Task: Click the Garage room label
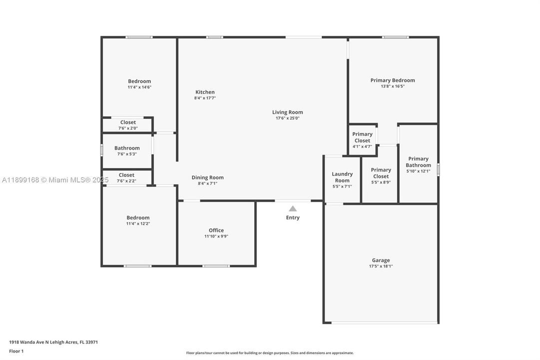pyautogui.click(x=381, y=260)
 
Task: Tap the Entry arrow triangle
pyautogui.click(x=293, y=208)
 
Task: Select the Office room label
pyautogui.click(x=216, y=230)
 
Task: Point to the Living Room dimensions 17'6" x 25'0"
pyautogui.click(x=287, y=118)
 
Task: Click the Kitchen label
pyautogui.click(x=205, y=92)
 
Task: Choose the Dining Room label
pyautogui.click(x=207, y=177)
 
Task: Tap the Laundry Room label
pyautogui.click(x=342, y=177)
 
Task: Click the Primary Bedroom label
pyautogui.click(x=393, y=80)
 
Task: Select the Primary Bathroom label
pyautogui.click(x=418, y=162)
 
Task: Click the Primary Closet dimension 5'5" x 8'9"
pyautogui.click(x=381, y=182)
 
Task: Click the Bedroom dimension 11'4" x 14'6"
pyautogui.click(x=139, y=87)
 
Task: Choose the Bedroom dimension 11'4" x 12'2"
pyautogui.click(x=138, y=223)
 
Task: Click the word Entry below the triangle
pyautogui.click(x=293, y=217)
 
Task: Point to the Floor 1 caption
pyautogui.click(x=16, y=351)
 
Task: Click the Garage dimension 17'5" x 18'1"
pyautogui.click(x=381, y=266)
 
